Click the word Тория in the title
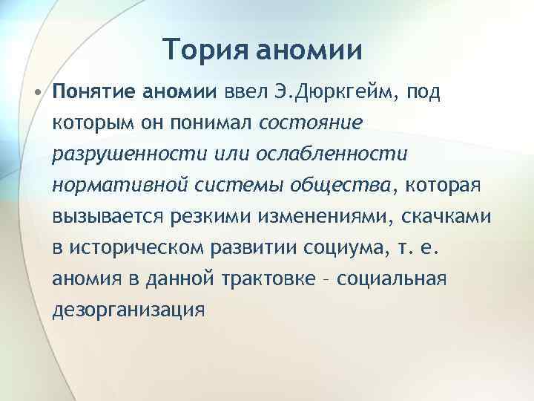point(205,50)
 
